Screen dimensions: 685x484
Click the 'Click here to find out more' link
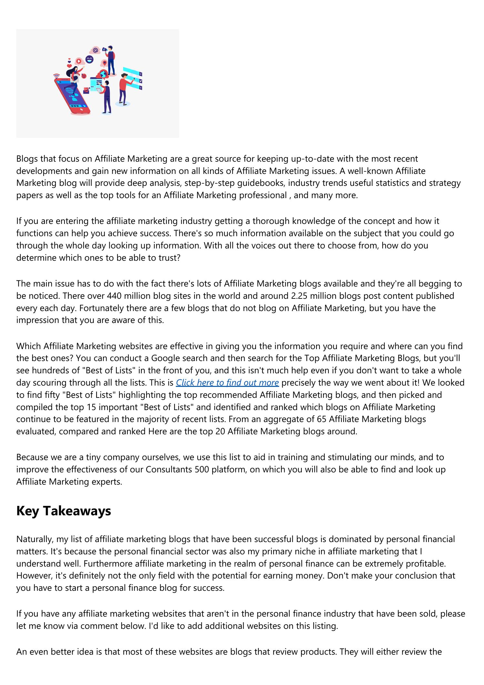[x=227, y=383]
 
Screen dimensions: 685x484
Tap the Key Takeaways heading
[x=64, y=511]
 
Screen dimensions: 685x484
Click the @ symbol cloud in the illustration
[x=95, y=50]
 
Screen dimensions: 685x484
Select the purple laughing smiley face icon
[x=89, y=59]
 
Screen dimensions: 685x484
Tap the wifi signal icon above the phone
[x=56, y=76]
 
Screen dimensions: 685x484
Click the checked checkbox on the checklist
[x=140, y=81]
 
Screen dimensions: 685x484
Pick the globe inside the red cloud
[x=103, y=74]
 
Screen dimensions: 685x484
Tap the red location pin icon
[x=105, y=63]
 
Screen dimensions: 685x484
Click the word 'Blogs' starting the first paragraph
[x=26, y=159]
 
